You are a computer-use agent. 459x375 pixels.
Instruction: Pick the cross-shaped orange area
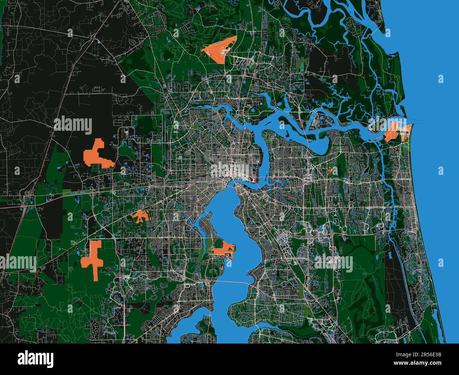coord(94,258)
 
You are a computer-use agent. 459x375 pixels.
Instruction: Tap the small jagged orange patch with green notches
coord(141,216)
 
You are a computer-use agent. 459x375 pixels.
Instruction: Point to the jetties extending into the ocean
coord(417,121)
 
